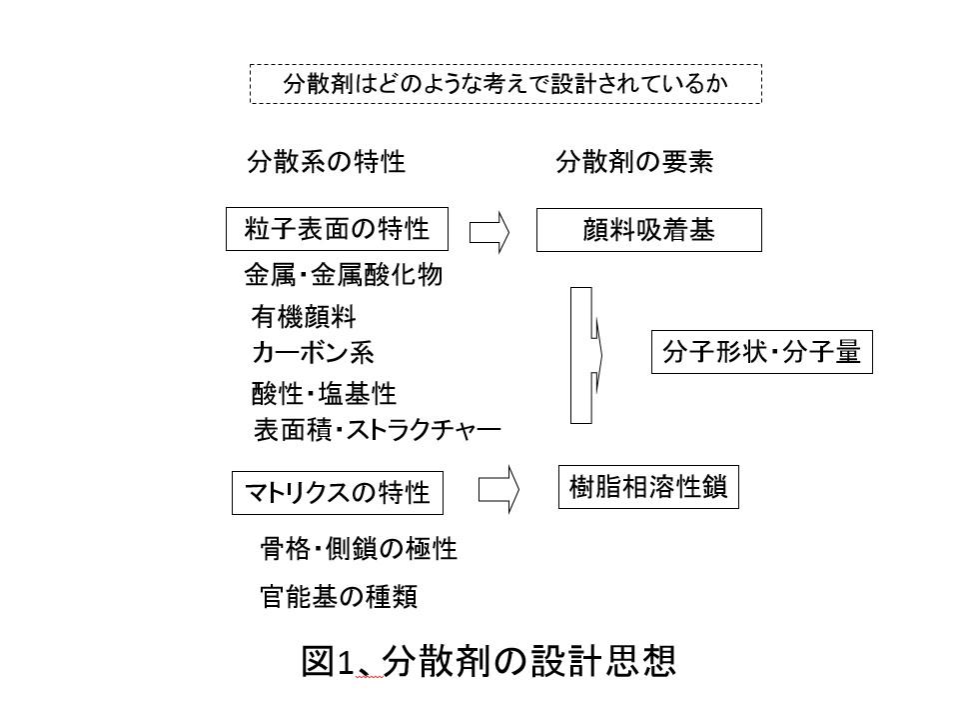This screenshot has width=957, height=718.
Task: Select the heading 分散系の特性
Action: pyautogui.click(x=326, y=162)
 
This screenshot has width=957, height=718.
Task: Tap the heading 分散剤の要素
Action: pyautogui.click(x=634, y=162)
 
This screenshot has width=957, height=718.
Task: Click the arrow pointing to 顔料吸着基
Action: pyautogui.click(x=488, y=232)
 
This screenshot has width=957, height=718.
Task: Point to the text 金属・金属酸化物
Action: pyautogui.click(x=344, y=275)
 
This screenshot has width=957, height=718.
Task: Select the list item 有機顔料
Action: pyautogui.click(x=304, y=317)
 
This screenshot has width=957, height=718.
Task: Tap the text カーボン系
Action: pyautogui.click(x=313, y=353)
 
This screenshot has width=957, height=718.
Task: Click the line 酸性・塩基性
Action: pyautogui.click(x=324, y=393)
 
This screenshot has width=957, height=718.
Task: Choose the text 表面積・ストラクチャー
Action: pyautogui.click(x=378, y=430)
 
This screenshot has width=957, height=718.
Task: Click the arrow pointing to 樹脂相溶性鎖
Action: pyautogui.click(x=498, y=489)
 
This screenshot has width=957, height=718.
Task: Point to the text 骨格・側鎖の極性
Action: pyautogui.click(x=359, y=548)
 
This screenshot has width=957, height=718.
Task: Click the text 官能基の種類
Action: pyautogui.click(x=339, y=596)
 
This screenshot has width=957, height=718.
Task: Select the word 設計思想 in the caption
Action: pyautogui.click(x=603, y=661)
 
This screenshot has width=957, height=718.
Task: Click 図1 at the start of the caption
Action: pyautogui.click(x=329, y=661)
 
